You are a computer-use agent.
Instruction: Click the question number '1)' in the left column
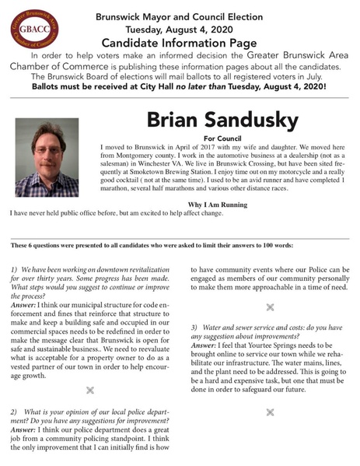16,268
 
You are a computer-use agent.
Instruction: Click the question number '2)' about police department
15,409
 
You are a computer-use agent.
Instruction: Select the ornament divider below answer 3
269,410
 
